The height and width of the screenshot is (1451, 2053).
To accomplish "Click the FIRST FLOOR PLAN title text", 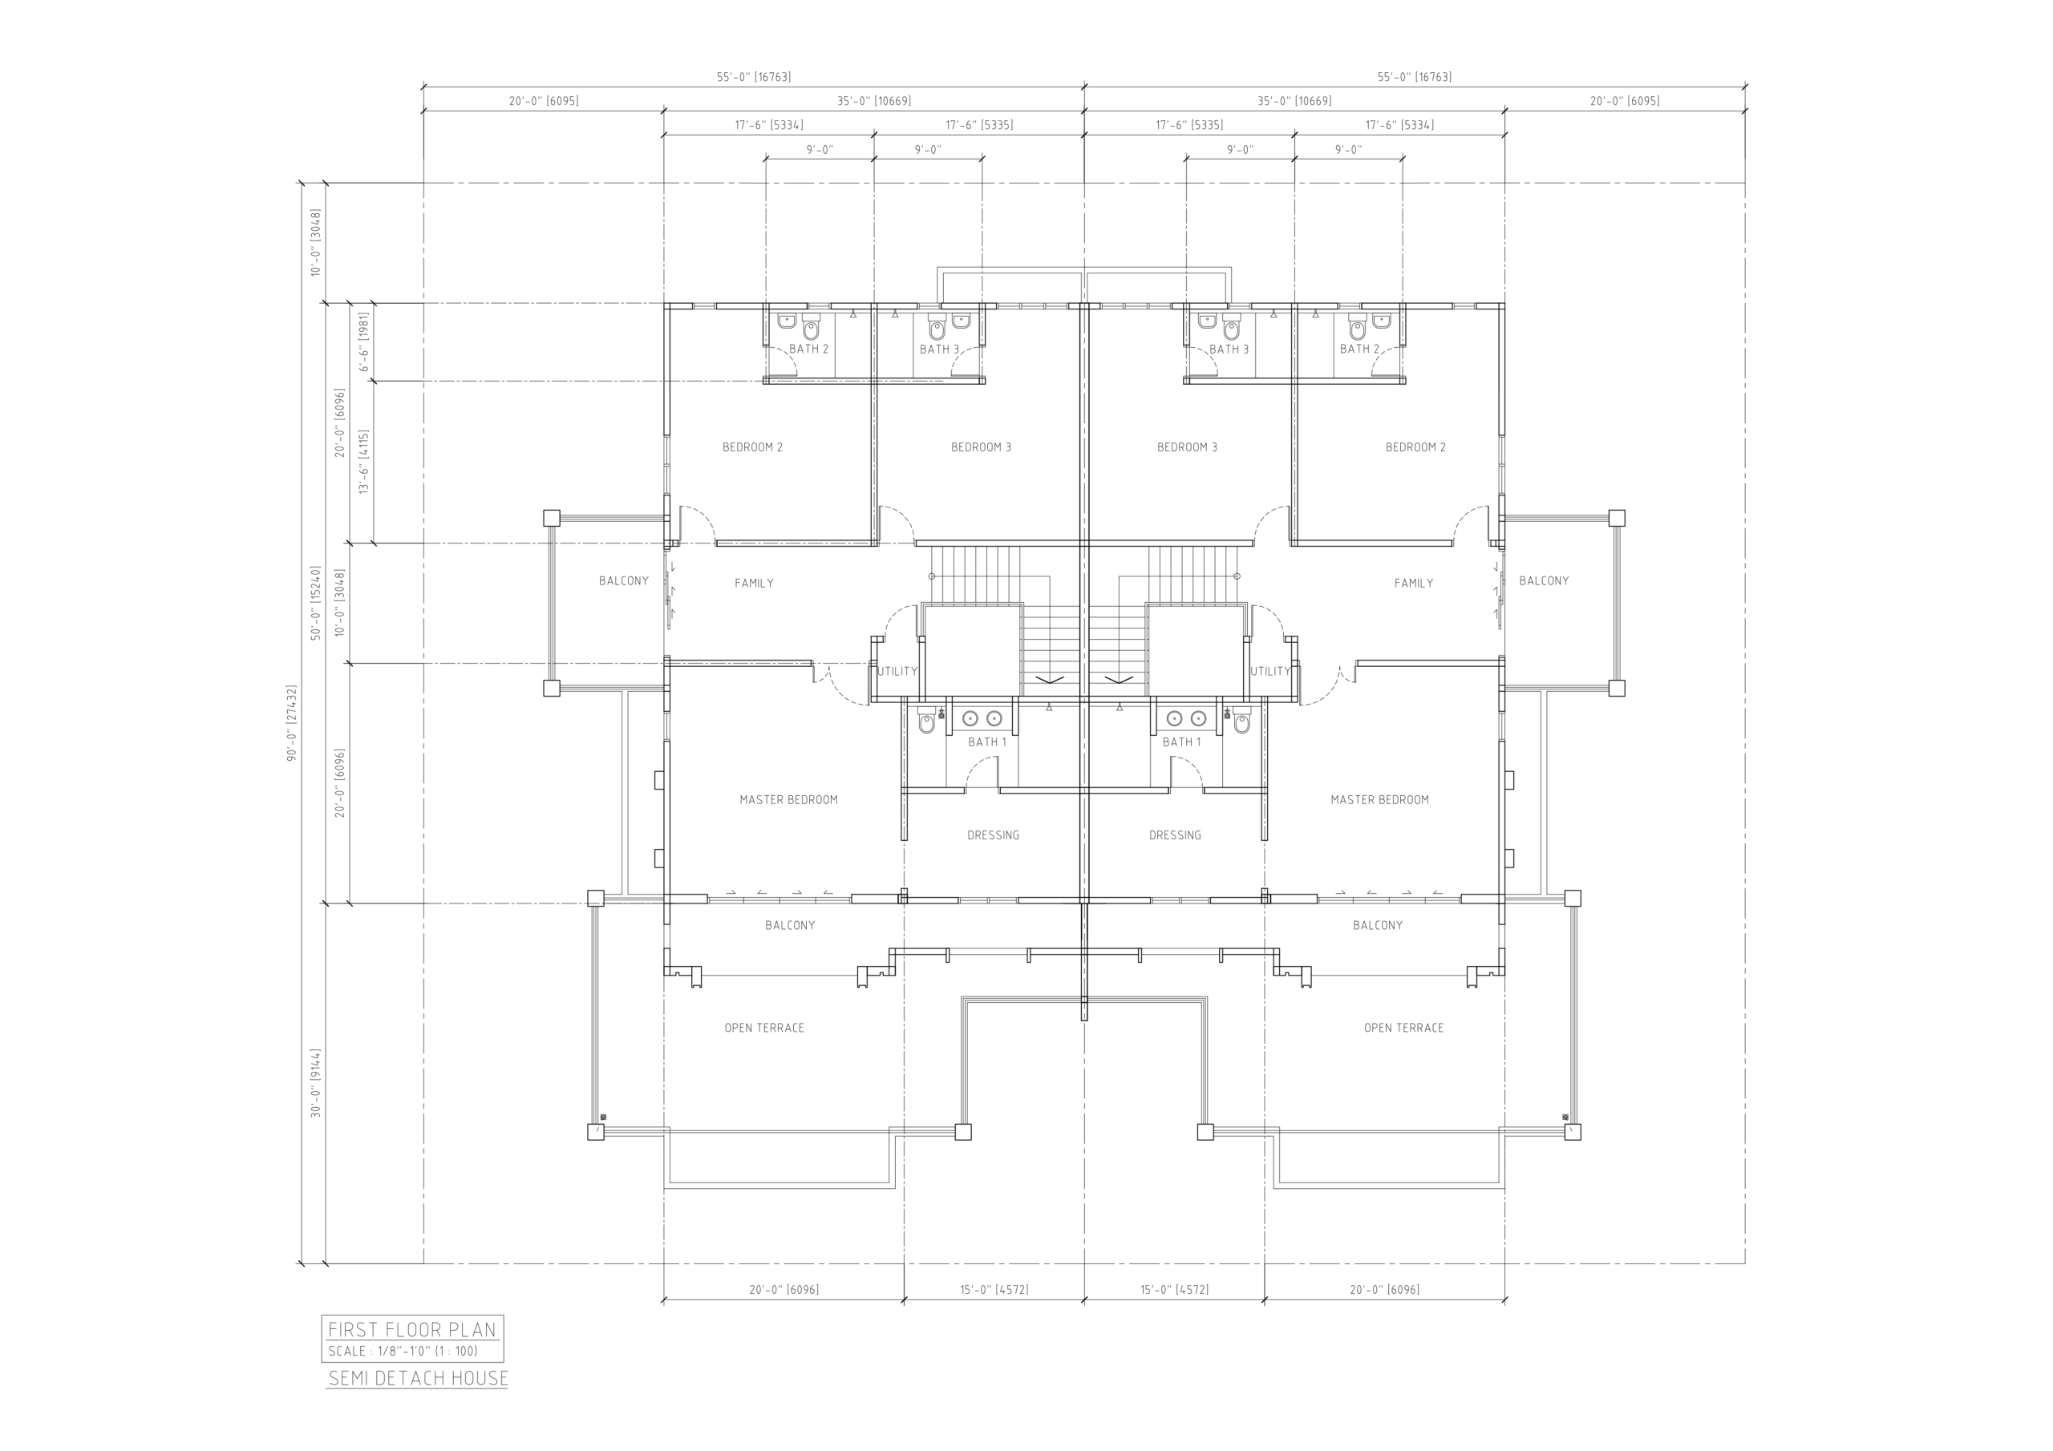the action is [x=412, y=1329].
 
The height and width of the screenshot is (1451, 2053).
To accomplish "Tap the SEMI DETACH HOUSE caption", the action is [x=419, y=1379].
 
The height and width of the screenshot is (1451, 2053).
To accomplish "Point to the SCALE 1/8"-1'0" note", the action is [x=403, y=1351].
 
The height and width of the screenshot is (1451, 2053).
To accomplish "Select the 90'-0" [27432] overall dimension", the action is [x=291, y=723].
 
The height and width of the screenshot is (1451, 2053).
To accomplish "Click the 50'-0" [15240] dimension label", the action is [x=316, y=603].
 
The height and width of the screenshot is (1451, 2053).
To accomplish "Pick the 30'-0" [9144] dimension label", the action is [x=316, y=1084].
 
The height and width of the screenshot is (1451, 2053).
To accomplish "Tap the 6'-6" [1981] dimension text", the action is [x=364, y=342].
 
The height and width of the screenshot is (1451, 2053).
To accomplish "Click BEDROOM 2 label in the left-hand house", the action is [x=753, y=447].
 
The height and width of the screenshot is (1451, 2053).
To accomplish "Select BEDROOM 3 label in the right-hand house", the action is [x=1188, y=447].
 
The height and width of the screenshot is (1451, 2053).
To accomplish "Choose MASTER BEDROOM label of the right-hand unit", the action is [x=1379, y=800].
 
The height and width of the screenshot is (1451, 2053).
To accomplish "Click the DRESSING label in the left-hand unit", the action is [x=994, y=835].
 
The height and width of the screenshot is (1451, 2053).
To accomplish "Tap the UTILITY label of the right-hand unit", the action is [x=1270, y=672].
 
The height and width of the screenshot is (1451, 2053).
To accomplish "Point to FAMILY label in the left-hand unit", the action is [x=755, y=583].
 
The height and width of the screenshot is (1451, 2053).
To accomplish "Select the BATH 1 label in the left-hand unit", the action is [x=987, y=742].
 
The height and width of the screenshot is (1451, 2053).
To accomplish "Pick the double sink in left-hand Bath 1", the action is [x=982, y=718].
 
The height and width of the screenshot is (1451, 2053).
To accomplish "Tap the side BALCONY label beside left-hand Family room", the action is [x=624, y=581].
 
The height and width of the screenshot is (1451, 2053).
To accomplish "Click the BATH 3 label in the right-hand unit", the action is [x=1229, y=350].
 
